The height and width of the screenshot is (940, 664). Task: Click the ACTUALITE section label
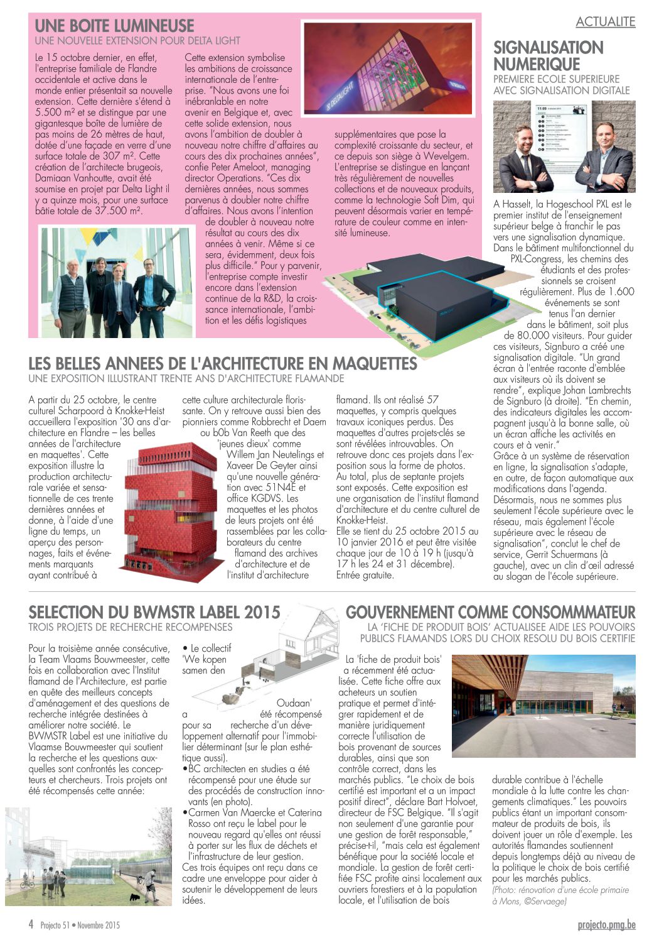tap(605, 22)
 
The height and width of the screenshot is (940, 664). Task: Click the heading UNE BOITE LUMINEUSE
tap(114, 26)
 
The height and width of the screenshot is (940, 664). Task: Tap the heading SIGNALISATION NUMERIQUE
tap(548, 56)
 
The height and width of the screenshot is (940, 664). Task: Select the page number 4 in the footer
tap(31, 924)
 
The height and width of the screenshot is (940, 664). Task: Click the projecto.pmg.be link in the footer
tap(606, 925)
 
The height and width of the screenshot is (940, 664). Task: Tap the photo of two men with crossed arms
tap(564, 147)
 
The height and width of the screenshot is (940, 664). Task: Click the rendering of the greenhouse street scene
tap(88, 856)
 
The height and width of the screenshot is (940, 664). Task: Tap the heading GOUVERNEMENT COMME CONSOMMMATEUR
tap(490, 612)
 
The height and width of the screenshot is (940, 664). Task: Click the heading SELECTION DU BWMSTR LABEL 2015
tap(154, 612)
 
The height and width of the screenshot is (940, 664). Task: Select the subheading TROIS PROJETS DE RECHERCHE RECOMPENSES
tap(130, 627)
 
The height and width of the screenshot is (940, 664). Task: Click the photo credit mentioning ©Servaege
tap(560, 895)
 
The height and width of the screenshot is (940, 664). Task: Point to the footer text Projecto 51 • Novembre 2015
tap(80, 925)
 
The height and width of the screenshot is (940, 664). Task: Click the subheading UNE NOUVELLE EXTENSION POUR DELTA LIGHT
tap(137, 41)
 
